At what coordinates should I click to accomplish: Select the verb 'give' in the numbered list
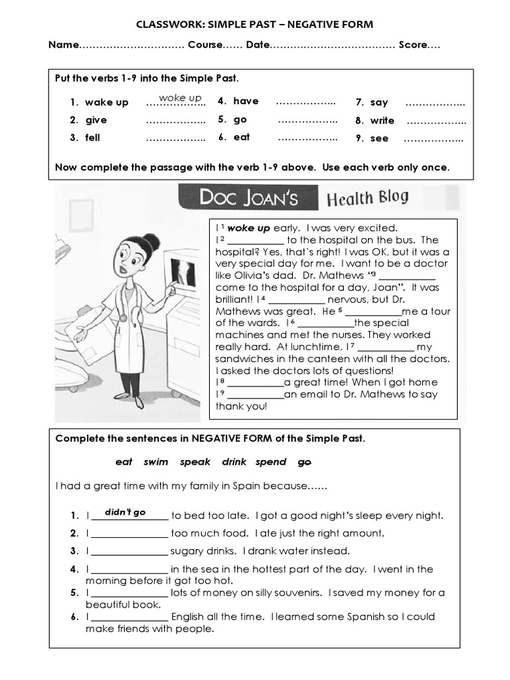96,120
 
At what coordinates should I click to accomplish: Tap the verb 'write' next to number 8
382,121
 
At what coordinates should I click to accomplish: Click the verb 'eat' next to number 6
242,137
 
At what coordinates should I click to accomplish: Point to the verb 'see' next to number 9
379,139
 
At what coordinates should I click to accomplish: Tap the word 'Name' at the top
63,45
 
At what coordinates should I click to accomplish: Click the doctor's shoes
129,398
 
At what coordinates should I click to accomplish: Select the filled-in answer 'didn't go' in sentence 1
129,512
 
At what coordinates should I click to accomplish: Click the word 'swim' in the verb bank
156,462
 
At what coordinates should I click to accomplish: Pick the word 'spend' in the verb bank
271,462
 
